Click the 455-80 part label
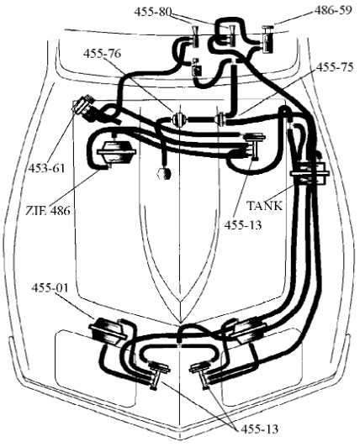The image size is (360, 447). pyautogui.click(x=153, y=12)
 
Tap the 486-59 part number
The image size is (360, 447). pyautogui.click(x=333, y=10)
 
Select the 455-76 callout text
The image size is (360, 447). pyautogui.click(x=102, y=53)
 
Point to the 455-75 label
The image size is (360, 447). pyautogui.click(x=335, y=67)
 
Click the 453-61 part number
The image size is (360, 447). pyautogui.click(x=46, y=168)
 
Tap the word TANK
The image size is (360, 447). pyautogui.click(x=264, y=206)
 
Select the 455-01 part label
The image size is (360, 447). pyautogui.click(x=50, y=287)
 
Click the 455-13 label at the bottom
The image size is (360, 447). pyautogui.click(x=259, y=429)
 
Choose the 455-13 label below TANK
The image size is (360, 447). pyautogui.click(x=243, y=225)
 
